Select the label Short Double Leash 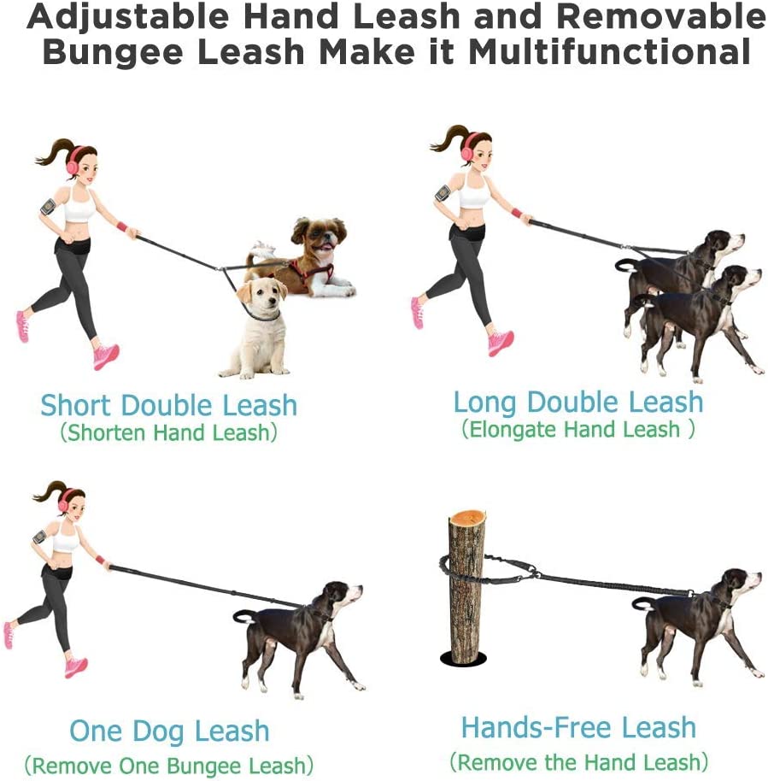[x=168, y=405]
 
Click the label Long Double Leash [x=577, y=402]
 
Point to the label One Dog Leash [x=169, y=731]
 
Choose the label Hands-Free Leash [x=578, y=727]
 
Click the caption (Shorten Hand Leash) [x=168, y=432]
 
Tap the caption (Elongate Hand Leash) [x=577, y=429]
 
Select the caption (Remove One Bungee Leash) [x=169, y=766]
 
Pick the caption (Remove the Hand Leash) [x=578, y=762]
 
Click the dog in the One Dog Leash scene [x=302, y=637]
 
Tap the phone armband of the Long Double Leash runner [x=443, y=193]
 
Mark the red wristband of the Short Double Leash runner [x=122, y=227]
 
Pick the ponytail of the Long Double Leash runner [x=448, y=139]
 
